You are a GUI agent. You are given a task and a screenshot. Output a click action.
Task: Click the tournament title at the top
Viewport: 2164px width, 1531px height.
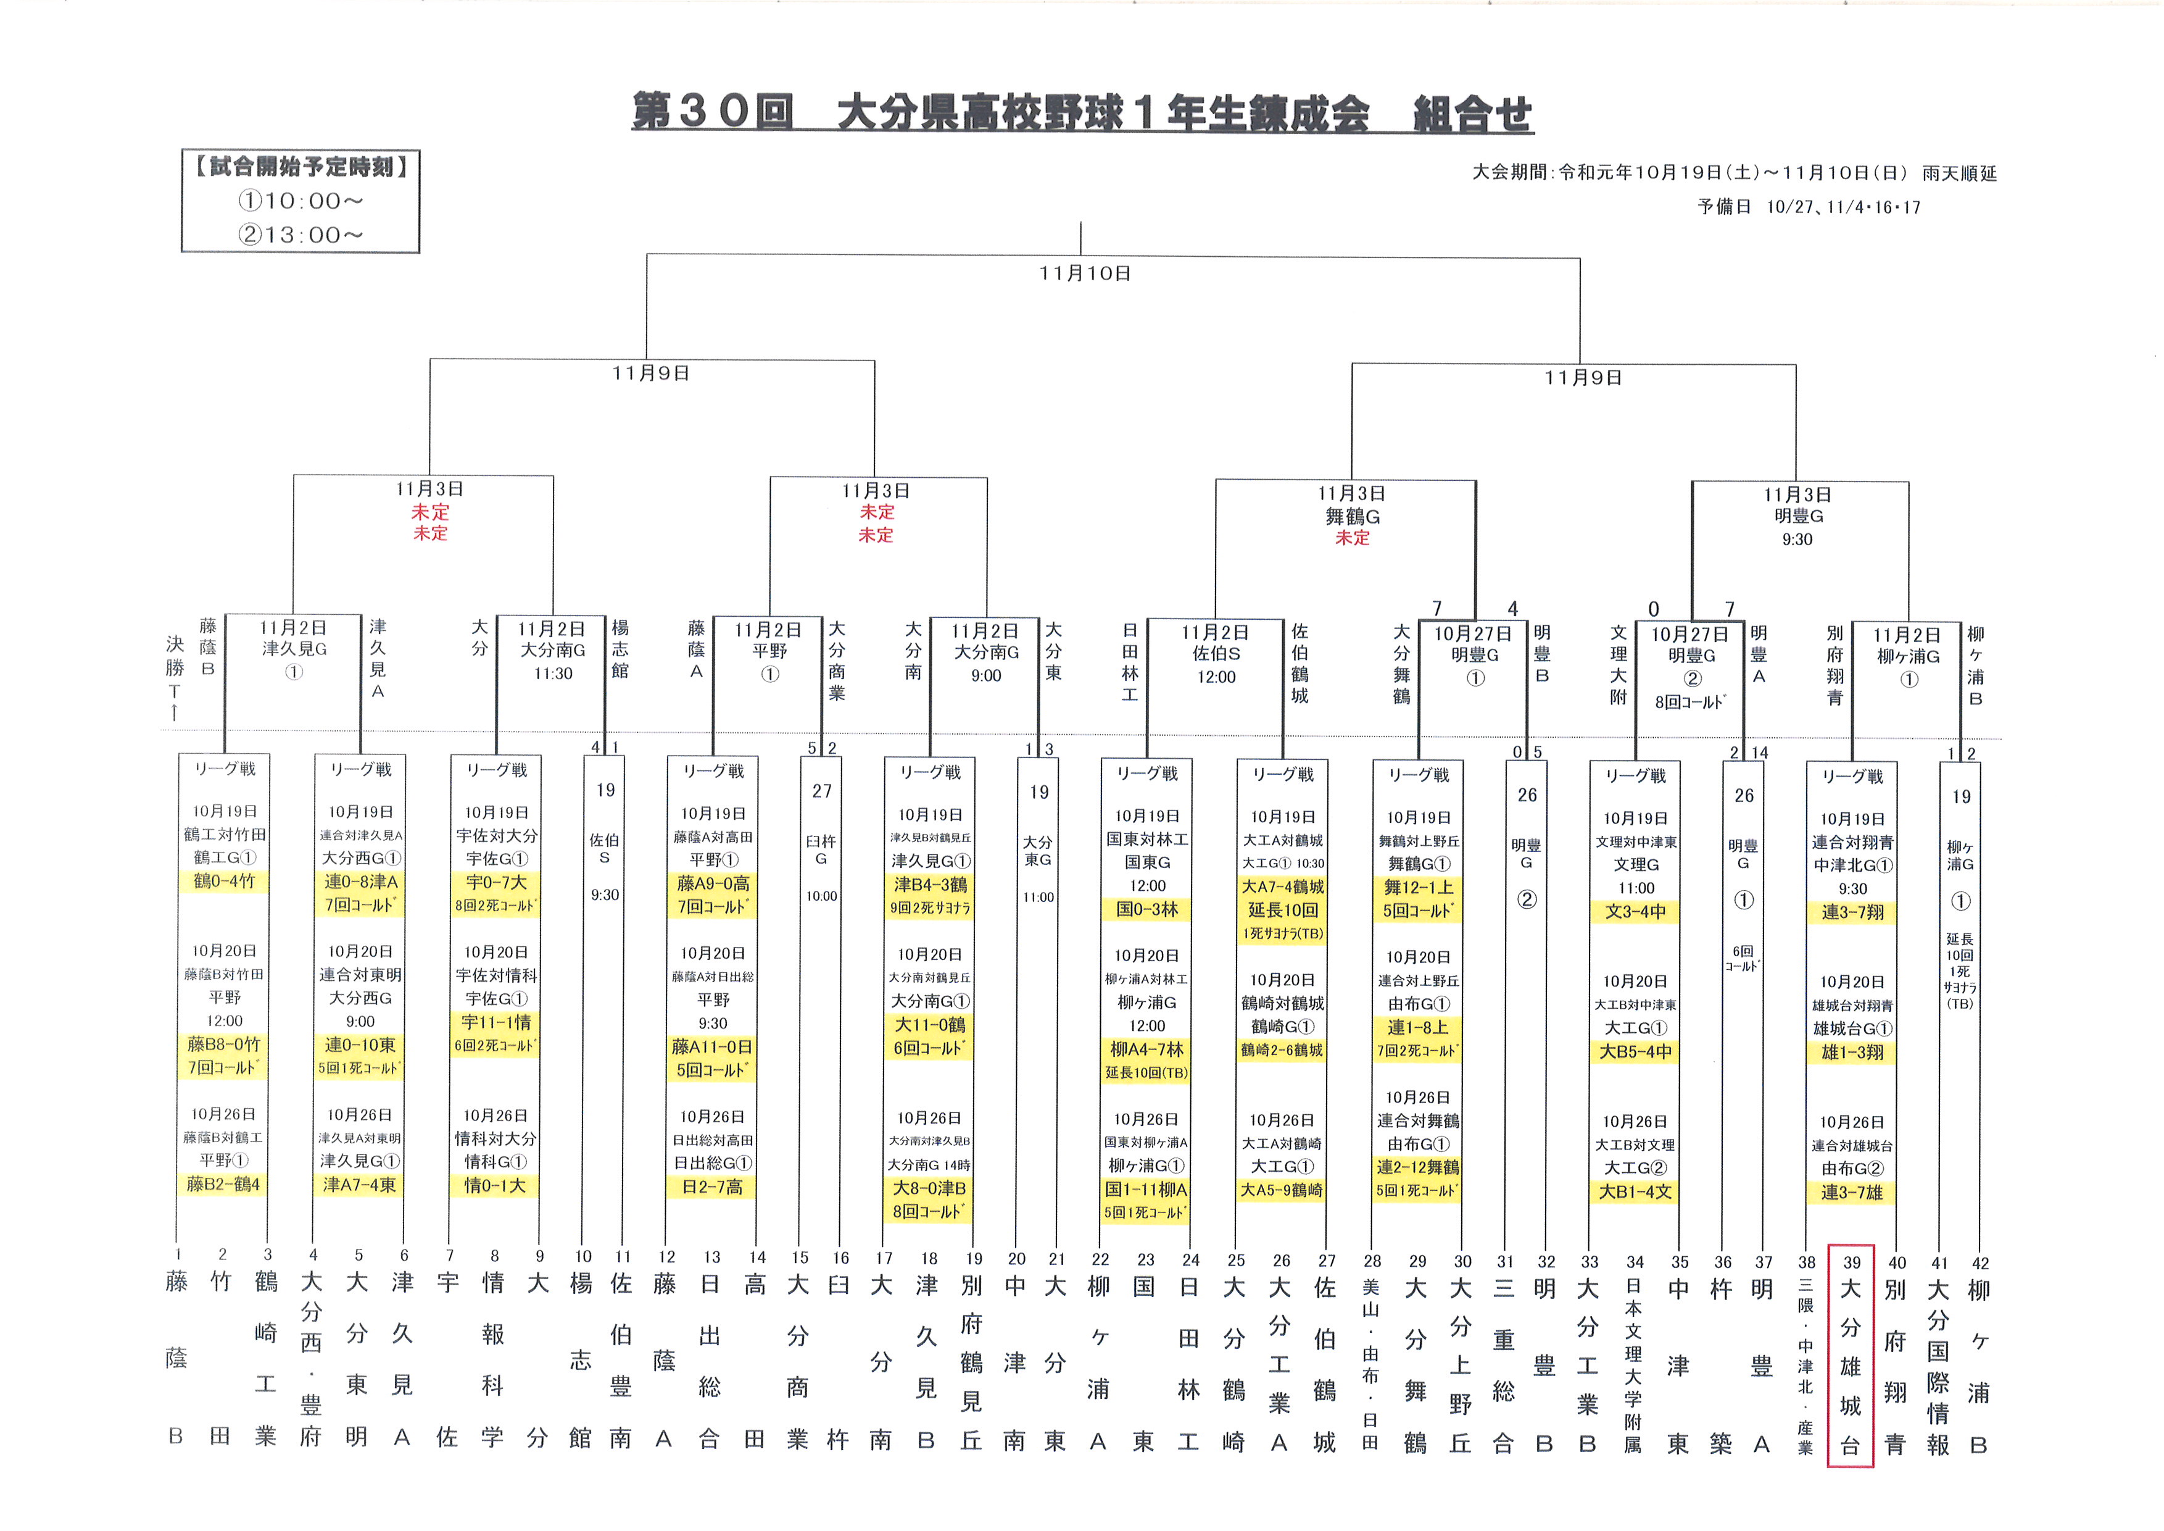1082,113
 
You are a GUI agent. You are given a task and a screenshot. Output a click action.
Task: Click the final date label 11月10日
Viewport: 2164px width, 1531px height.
1085,273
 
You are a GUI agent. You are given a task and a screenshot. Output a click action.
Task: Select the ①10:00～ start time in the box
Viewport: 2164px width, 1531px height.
300,201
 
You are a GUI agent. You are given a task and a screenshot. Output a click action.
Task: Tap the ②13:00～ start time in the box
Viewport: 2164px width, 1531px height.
300,235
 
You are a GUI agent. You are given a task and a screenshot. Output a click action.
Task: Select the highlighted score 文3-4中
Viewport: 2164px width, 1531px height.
1635,912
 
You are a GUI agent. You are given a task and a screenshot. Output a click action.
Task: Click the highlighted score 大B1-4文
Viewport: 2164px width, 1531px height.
1635,1191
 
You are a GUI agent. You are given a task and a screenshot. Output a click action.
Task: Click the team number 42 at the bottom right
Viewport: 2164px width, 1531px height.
1980,1263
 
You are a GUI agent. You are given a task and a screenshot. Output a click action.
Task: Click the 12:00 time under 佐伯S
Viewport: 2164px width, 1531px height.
1216,677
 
